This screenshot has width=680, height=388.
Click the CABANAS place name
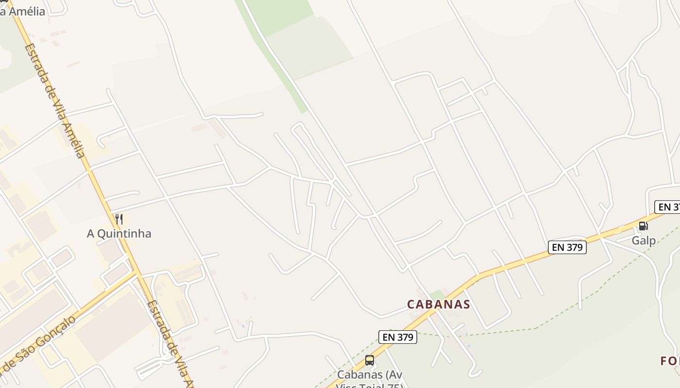point(439,304)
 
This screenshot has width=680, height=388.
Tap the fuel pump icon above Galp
point(643,226)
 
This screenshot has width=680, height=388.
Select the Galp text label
point(644,241)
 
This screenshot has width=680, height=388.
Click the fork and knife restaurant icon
point(119,219)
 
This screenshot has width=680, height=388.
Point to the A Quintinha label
point(119,234)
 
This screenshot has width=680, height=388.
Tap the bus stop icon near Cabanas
point(369,360)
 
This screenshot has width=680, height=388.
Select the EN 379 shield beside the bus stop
point(397,337)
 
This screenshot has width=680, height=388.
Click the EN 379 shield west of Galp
point(567,247)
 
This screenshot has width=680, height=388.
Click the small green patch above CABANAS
point(437,294)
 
